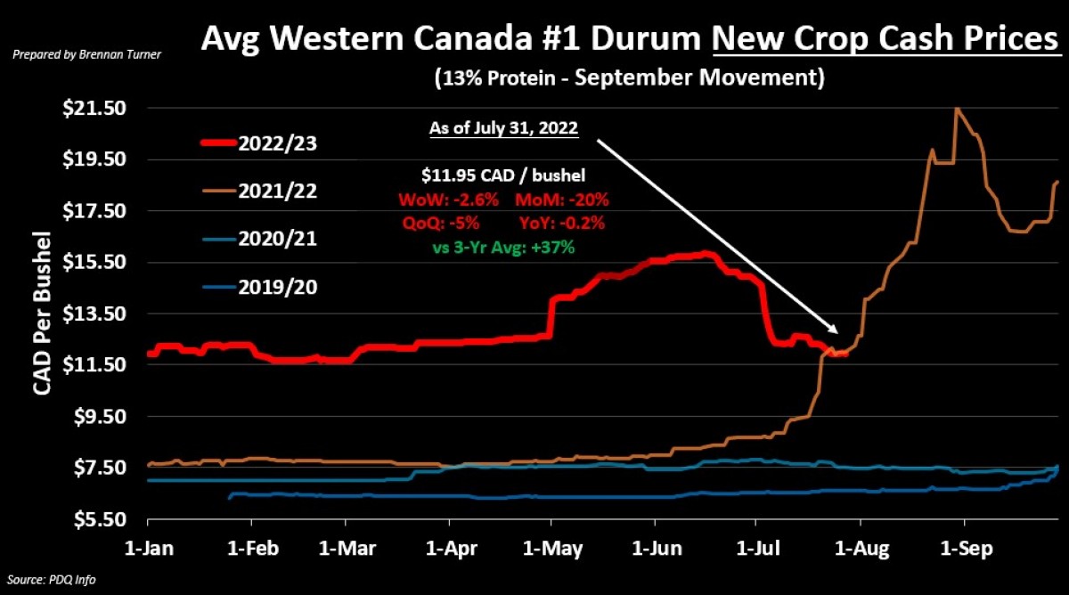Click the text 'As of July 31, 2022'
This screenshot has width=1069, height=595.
pyautogui.click(x=504, y=128)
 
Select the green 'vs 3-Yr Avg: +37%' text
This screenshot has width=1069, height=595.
pyautogui.click(x=504, y=248)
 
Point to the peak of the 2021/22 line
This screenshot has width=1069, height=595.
pyautogui.click(x=957, y=109)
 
